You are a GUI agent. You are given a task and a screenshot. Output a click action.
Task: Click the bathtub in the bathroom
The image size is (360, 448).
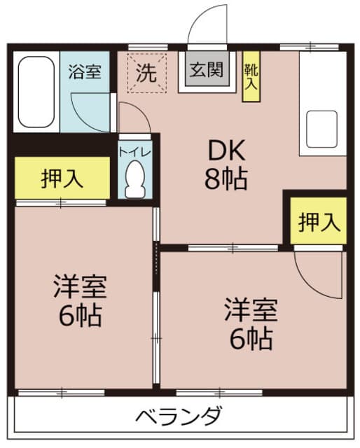(x=36, y=92)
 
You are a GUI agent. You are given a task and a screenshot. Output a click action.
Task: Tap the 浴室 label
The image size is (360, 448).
(x=85, y=71)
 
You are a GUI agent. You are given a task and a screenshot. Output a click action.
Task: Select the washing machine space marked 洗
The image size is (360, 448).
(x=146, y=73)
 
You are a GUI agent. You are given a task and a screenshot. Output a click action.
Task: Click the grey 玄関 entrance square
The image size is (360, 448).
(x=207, y=69)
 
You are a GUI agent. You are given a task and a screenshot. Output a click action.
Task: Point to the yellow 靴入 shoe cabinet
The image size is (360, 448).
(x=251, y=76)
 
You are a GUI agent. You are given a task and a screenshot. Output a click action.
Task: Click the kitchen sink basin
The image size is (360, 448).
(x=321, y=129)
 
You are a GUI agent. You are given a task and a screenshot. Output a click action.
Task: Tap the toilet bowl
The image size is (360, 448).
(x=135, y=179)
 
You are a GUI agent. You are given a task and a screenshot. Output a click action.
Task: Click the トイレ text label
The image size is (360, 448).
(x=134, y=152)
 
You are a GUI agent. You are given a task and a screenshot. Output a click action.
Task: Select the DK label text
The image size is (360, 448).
(x=226, y=150)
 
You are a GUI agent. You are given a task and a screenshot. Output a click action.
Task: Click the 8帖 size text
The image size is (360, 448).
(x=226, y=179)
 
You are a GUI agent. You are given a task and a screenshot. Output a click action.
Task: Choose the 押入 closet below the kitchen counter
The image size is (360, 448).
(x=319, y=220)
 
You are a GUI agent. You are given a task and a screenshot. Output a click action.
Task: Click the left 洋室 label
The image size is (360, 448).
(x=81, y=286)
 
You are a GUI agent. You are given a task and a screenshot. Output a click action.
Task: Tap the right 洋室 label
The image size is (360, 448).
(x=251, y=309)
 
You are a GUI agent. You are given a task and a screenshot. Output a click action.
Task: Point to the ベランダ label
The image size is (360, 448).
(x=179, y=415)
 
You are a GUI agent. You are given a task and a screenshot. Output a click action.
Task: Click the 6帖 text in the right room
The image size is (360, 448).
(x=251, y=339)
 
